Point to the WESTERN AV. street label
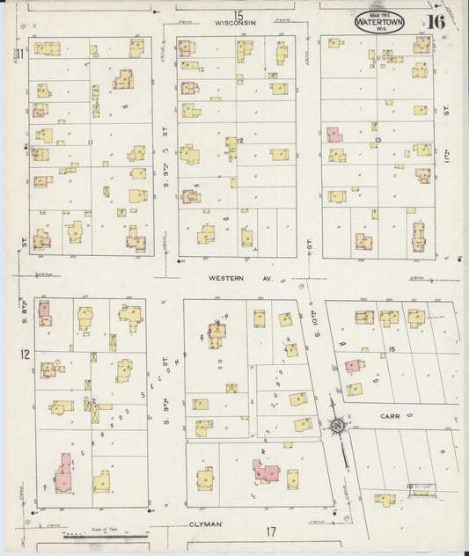tap(237, 278)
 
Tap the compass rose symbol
tap(337, 428)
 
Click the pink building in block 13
tap(334, 135)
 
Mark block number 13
tap(377, 140)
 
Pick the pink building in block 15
tap(353, 365)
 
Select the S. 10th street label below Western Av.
tap(314, 319)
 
